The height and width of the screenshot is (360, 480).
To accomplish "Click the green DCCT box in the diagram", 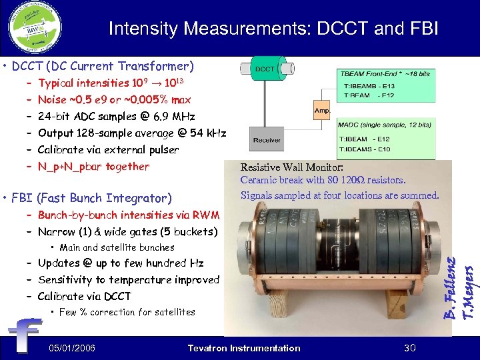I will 264,69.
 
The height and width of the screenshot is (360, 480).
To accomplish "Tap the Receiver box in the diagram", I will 268,141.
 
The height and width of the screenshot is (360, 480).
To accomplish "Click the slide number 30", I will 410,348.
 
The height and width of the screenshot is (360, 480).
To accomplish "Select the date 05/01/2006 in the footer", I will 72,348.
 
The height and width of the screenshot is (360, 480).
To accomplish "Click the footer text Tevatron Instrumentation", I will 244,348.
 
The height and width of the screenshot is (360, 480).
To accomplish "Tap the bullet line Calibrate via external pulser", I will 108,150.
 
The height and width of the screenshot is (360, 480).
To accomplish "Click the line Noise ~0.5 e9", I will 114,100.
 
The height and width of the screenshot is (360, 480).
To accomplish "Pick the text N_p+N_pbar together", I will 93,167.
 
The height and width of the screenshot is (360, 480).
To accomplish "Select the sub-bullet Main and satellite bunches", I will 117,248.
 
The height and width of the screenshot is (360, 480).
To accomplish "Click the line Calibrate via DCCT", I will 84,296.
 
